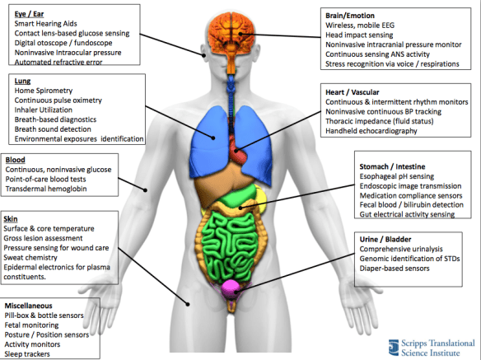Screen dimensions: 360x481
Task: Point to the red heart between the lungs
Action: (240, 151)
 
